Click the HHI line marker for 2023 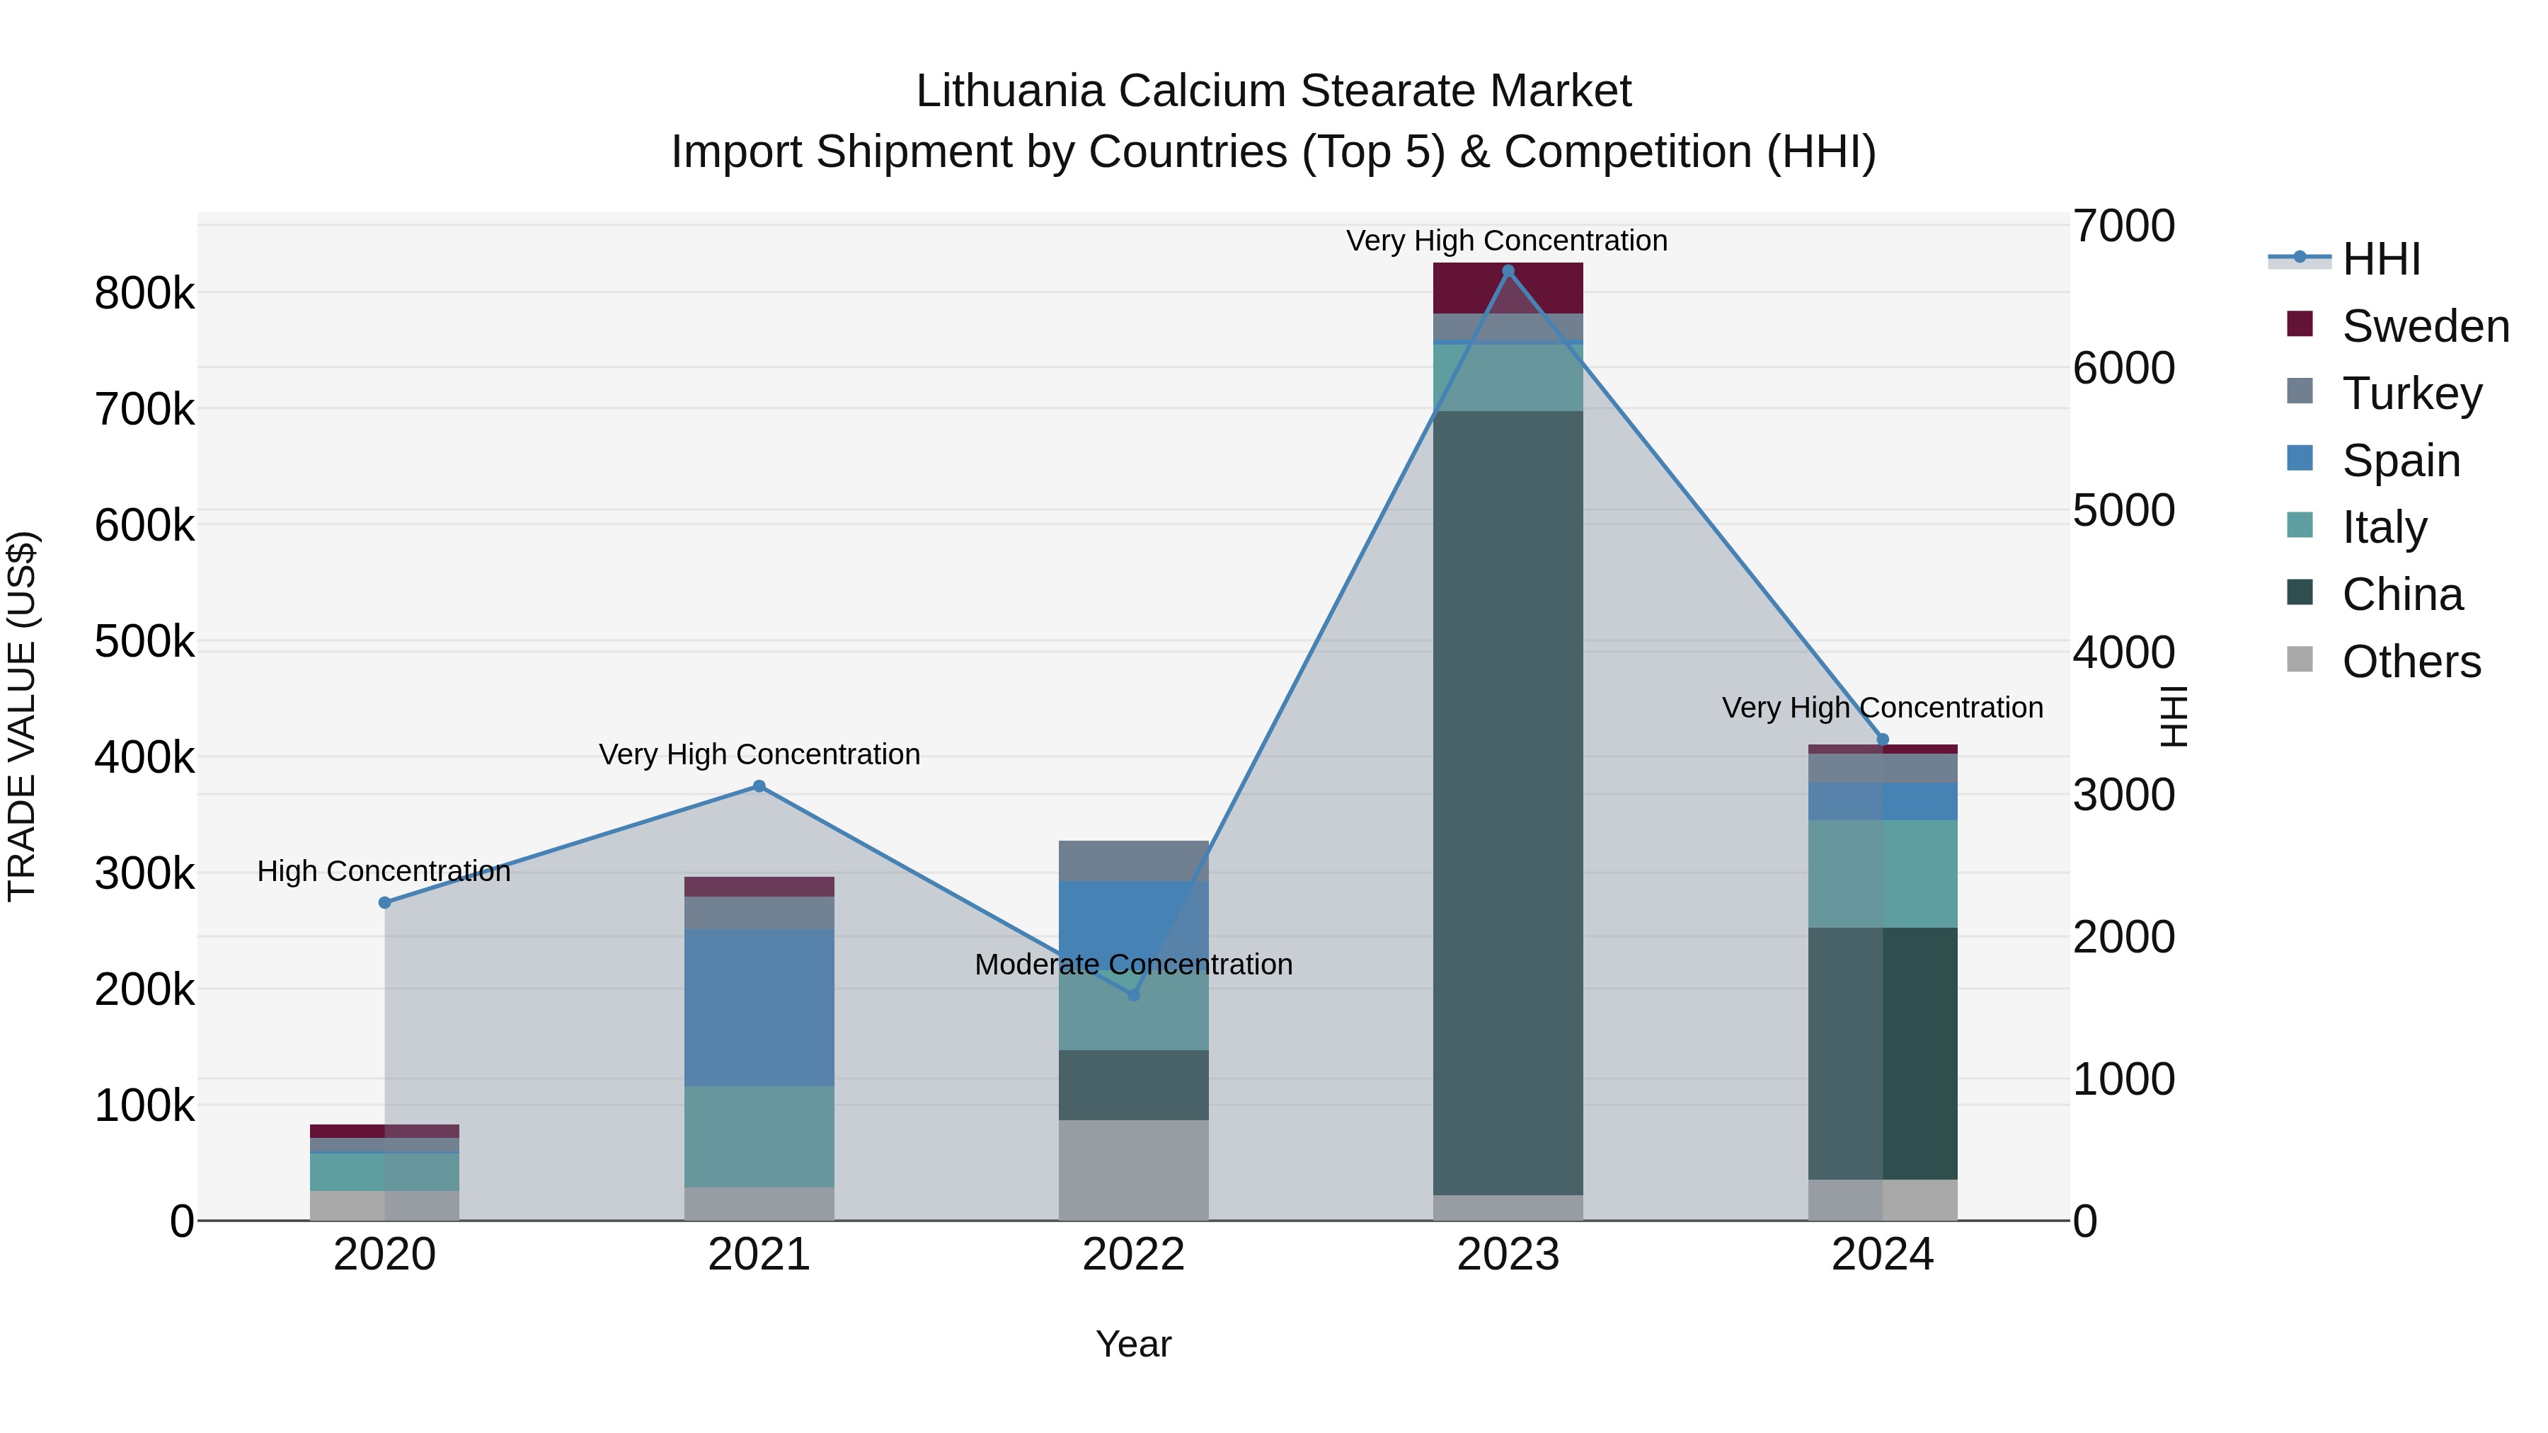click(x=1508, y=271)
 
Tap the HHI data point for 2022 click(x=1134, y=995)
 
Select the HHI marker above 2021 click(x=759, y=786)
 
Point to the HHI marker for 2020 click(x=385, y=902)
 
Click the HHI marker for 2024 click(x=1882, y=739)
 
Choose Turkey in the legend click(x=2411, y=393)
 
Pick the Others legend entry click(x=2411, y=662)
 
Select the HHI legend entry click(x=2381, y=259)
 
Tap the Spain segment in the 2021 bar click(x=759, y=1007)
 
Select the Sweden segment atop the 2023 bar click(x=1508, y=288)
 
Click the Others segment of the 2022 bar click(x=1134, y=1169)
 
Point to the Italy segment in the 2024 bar click(x=1882, y=873)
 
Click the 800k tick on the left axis click(x=144, y=294)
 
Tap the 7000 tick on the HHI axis click(x=2123, y=226)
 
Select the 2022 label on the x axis click(x=1134, y=1255)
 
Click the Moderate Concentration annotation click(x=1134, y=965)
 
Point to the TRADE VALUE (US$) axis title click(x=23, y=716)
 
